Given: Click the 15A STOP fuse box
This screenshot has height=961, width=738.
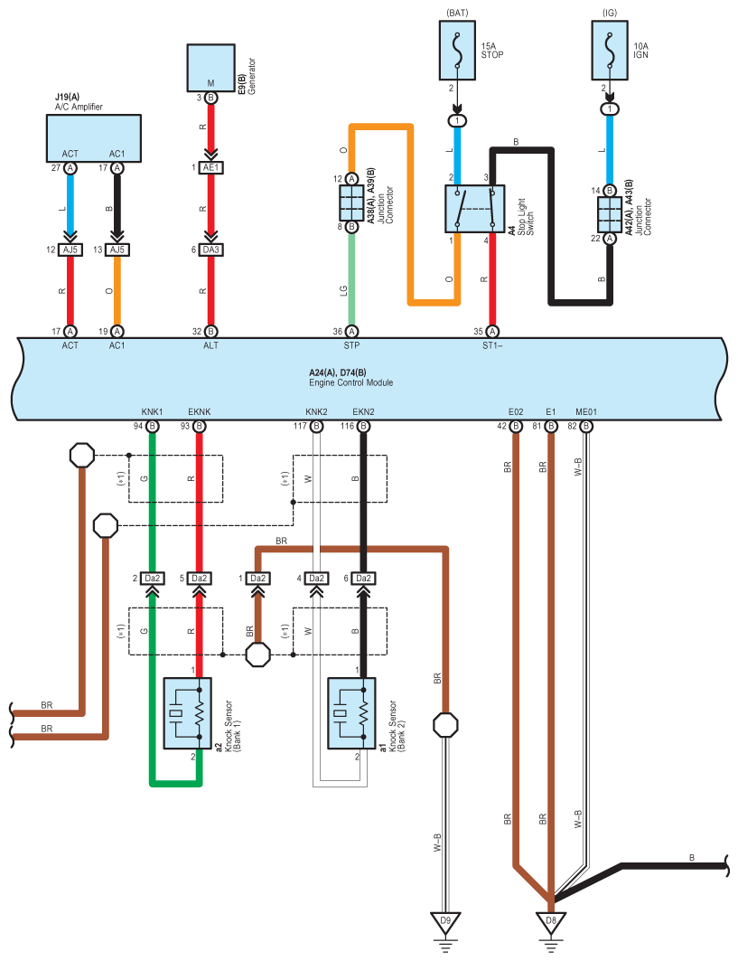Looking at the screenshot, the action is [x=457, y=51].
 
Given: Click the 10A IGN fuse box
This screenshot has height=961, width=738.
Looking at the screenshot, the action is [x=610, y=51].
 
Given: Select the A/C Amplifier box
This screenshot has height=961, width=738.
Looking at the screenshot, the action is [x=94, y=138].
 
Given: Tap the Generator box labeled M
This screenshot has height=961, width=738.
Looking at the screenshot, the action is [x=210, y=68].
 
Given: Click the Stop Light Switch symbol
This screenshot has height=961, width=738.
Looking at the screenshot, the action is [x=474, y=209].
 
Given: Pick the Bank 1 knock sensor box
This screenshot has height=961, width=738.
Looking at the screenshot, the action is [x=187, y=713].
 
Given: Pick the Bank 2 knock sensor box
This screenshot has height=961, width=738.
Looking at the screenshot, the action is [x=351, y=713].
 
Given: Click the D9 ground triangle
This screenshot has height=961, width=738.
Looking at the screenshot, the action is [x=445, y=922].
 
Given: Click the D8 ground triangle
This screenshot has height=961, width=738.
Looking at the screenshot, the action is [x=551, y=922].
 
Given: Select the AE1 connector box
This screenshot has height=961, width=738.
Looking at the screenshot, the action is [x=210, y=167].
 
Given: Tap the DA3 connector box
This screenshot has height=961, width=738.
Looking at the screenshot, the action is [x=210, y=250].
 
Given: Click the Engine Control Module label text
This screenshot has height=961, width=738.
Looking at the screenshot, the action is [x=350, y=382].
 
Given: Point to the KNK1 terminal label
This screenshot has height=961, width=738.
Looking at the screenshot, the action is [x=152, y=412].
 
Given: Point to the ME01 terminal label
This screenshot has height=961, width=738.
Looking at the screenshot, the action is [x=586, y=412].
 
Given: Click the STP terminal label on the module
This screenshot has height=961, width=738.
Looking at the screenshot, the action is [x=351, y=345].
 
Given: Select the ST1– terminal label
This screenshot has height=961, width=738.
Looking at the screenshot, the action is [x=492, y=345].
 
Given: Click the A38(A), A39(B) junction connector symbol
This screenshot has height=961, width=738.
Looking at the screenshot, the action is [x=351, y=203].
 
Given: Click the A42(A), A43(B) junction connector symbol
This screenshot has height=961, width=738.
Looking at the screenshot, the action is [x=610, y=214].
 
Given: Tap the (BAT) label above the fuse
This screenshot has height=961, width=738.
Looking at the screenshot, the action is [x=457, y=13].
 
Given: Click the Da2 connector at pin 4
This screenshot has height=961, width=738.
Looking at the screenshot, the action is [x=317, y=578].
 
